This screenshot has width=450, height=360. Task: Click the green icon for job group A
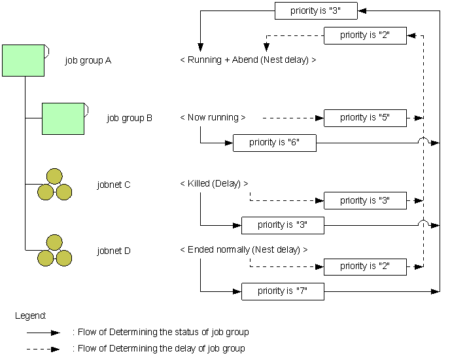pos(24,60)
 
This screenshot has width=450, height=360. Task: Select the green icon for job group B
pos(63,118)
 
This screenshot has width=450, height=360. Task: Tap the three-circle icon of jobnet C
pos(54,185)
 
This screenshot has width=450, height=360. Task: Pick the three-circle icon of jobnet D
pos(54,251)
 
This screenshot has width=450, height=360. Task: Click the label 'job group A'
pos(88,61)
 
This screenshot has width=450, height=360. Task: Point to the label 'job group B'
pos(130,118)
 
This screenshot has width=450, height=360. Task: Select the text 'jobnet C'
pos(114,185)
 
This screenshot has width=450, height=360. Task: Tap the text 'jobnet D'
pos(114,251)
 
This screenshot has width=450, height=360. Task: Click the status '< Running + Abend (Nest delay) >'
pos(248,60)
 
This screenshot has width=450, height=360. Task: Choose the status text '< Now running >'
pos(213,118)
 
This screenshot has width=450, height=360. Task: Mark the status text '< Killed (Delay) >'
pos(214,184)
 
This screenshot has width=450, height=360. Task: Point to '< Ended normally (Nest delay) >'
pos(243,250)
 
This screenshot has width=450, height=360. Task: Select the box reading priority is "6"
pos(275,143)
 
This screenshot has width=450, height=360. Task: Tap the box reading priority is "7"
pos(283,291)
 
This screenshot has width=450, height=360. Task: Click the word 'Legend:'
pos(30,316)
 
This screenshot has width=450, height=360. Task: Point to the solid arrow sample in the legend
pos(43,333)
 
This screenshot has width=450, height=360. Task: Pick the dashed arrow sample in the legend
pos(43,349)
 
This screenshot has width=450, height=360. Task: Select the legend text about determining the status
pos(160,333)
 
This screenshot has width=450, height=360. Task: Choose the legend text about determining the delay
pos(158,349)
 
